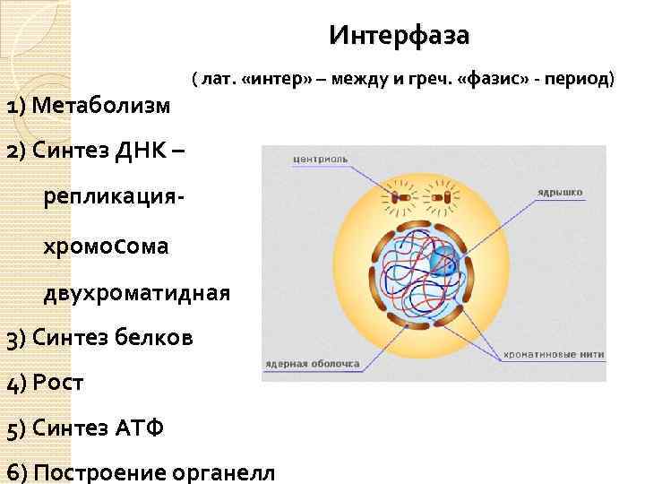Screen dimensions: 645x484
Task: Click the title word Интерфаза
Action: point(399,36)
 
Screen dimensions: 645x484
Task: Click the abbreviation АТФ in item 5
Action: point(140,428)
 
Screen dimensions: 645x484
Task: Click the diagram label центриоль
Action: point(320,160)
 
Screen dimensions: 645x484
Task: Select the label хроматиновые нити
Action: point(553,355)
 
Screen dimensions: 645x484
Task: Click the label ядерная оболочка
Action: point(312,365)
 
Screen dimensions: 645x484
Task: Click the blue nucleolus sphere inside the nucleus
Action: point(442,262)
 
